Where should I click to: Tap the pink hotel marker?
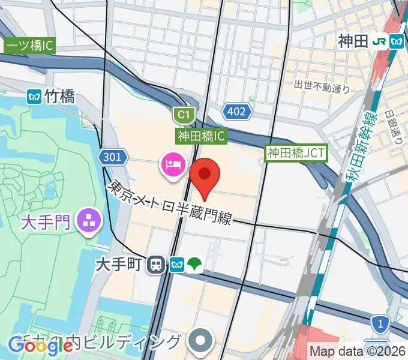click(x=173, y=164)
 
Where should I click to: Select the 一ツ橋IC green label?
click(x=29, y=46)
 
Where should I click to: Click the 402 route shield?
click(x=235, y=110)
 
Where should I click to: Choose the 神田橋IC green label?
click(x=201, y=136)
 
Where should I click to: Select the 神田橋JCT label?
click(x=296, y=153)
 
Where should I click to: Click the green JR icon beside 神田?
click(x=378, y=41)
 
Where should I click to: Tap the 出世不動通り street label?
click(x=322, y=87)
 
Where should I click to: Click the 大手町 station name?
click(x=122, y=264)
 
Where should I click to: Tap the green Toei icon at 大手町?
click(x=194, y=263)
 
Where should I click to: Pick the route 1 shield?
click(x=379, y=325)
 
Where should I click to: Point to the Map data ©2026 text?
click(x=358, y=351)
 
